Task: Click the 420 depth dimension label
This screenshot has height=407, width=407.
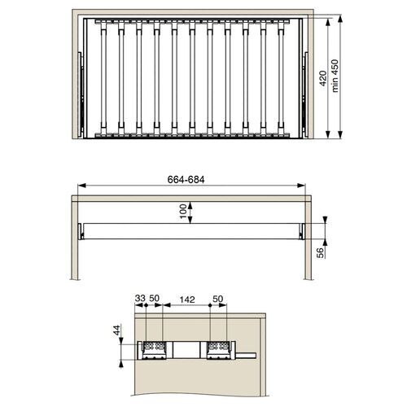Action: point(322,78)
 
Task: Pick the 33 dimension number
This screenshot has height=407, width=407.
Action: point(139,300)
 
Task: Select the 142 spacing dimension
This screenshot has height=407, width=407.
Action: point(186,300)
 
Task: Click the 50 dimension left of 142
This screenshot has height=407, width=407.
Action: point(155,300)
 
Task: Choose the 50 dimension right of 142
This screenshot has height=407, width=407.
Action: point(218,300)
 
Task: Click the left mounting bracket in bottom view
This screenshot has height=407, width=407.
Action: point(154,348)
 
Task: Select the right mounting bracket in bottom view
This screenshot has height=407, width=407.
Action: point(218,348)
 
